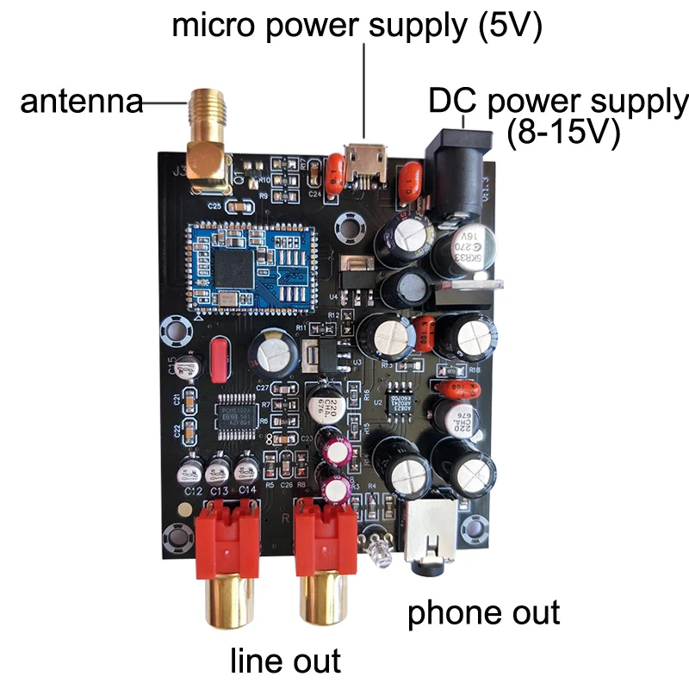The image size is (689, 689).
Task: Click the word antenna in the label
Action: [81, 102]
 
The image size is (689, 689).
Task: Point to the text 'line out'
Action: [285, 661]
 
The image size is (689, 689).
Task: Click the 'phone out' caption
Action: [483, 612]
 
